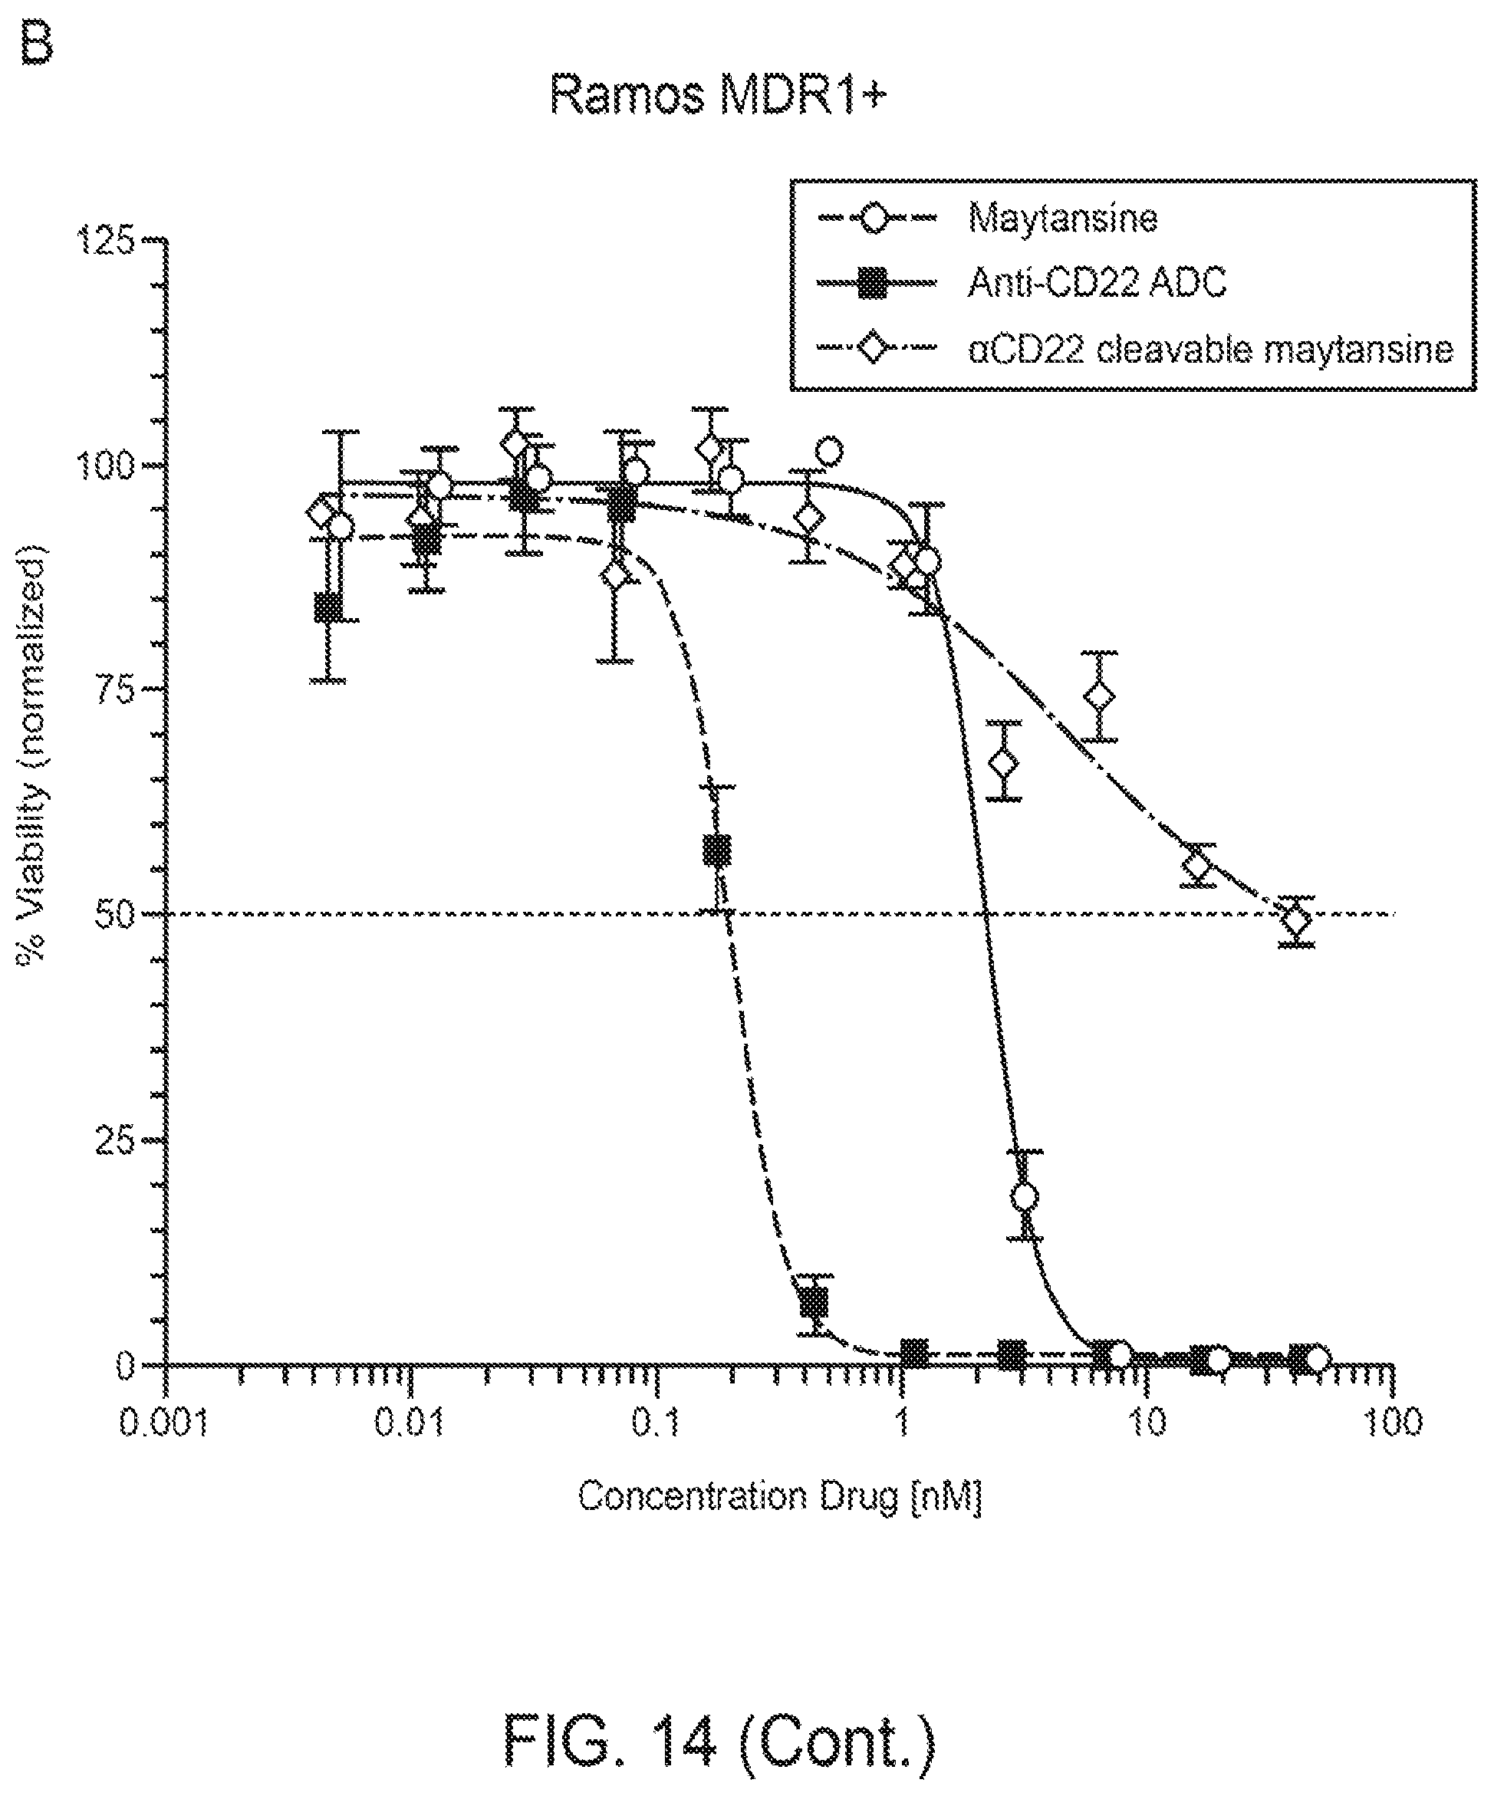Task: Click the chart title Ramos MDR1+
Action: pyautogui.click(x=719, y=94)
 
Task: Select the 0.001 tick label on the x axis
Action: pyautogui.click(x=163, y=1423)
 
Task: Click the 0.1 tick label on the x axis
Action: pyautogui.click(x=655, y=1423)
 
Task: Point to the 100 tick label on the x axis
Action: pyautogui.click(x=1393, y=1423)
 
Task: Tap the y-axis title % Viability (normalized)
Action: pyautogui.click(x=31, y=756)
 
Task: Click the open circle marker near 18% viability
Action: pyautogui.click(x=1025, y=1197)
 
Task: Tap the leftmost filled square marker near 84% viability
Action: pyautogui.click(x=328, y=608)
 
